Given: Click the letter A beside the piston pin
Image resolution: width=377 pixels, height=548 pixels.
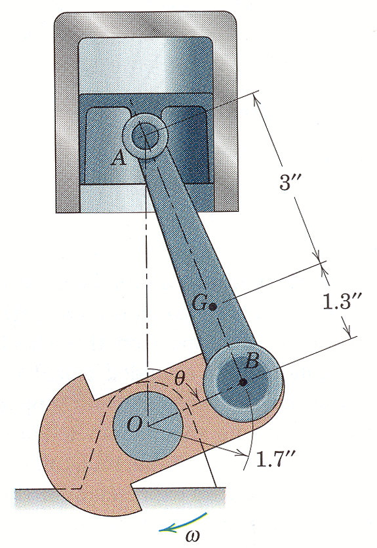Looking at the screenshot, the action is point(119,159).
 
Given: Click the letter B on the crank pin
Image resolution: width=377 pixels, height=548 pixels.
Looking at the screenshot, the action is point(251,362).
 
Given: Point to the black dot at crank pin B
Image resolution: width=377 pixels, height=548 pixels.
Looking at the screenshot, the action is point(243,382).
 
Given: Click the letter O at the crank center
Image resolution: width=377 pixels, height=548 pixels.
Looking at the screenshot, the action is point(134,424).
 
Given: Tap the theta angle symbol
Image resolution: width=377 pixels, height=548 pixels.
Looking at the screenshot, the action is point(179,378).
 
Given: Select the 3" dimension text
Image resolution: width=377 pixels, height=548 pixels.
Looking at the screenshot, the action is point(290,182).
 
